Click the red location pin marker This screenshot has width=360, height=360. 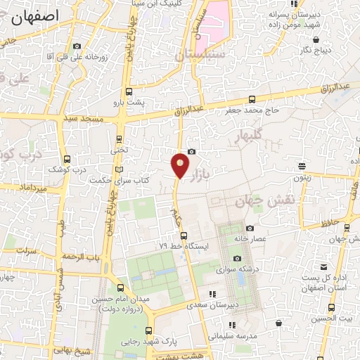point(180,165)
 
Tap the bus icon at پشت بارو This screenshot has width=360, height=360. point(128,91)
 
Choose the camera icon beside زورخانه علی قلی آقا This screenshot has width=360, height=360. point(77,46)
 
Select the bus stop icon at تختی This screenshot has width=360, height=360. point(119,139)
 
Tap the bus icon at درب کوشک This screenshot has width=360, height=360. point(67,159)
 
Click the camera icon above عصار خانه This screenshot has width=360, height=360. point(250,228)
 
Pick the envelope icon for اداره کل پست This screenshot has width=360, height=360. point(323,267)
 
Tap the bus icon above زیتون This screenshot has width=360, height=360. point(302,167)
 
